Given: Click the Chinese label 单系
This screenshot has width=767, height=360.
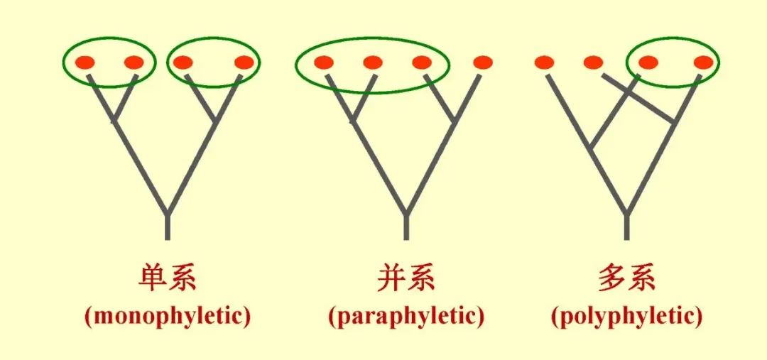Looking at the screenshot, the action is pos(167,277).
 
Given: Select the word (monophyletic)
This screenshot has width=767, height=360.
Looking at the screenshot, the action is pos(167,316).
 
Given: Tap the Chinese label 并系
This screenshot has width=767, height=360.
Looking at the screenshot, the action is pos(406,277).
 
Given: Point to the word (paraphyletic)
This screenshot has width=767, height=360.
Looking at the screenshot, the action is pos(406,316).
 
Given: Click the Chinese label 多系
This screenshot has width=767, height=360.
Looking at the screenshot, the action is pos(626,277).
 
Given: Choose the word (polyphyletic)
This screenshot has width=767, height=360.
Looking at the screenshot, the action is pos(626,316).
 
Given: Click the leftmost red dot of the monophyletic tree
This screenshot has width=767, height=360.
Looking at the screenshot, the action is pos(85,62).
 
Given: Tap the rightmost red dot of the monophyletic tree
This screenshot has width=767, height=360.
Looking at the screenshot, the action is pos(244,62).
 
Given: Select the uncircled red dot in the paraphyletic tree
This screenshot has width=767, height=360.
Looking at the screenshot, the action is pos(482,62).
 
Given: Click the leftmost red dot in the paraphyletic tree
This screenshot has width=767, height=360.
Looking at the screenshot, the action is pos(323,62).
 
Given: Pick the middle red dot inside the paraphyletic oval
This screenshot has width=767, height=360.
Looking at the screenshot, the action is pos(372,62).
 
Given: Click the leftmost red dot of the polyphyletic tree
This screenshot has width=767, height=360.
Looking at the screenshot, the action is pos(544,62).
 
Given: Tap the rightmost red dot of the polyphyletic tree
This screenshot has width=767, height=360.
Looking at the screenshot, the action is pos(703,62).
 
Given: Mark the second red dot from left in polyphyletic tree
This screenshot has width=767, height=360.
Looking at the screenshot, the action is pos(593,62).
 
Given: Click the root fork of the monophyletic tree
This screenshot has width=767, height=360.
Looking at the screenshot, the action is pos(167,212).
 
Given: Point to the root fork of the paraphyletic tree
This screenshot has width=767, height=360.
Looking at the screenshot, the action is pos(406,212).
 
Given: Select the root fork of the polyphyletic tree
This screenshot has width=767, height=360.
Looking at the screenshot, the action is pos(626,212).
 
